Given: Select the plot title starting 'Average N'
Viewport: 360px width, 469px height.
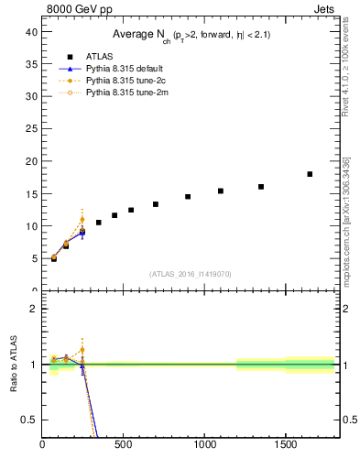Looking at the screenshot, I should [191, 35].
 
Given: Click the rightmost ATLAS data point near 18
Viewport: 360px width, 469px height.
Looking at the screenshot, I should [310, 174].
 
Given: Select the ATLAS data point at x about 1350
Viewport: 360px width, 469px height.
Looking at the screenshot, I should [261, 187].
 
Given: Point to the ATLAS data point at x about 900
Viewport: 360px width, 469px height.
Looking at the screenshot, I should [188, 196].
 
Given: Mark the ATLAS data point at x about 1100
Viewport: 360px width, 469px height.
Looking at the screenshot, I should [221, 191].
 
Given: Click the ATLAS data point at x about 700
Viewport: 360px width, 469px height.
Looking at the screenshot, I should [156, 204].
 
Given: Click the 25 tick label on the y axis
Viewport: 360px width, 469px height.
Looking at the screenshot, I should [30, 129].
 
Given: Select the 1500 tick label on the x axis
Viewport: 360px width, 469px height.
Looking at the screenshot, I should [286, 446].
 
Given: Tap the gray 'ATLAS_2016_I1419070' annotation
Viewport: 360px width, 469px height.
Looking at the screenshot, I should [191, 273].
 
